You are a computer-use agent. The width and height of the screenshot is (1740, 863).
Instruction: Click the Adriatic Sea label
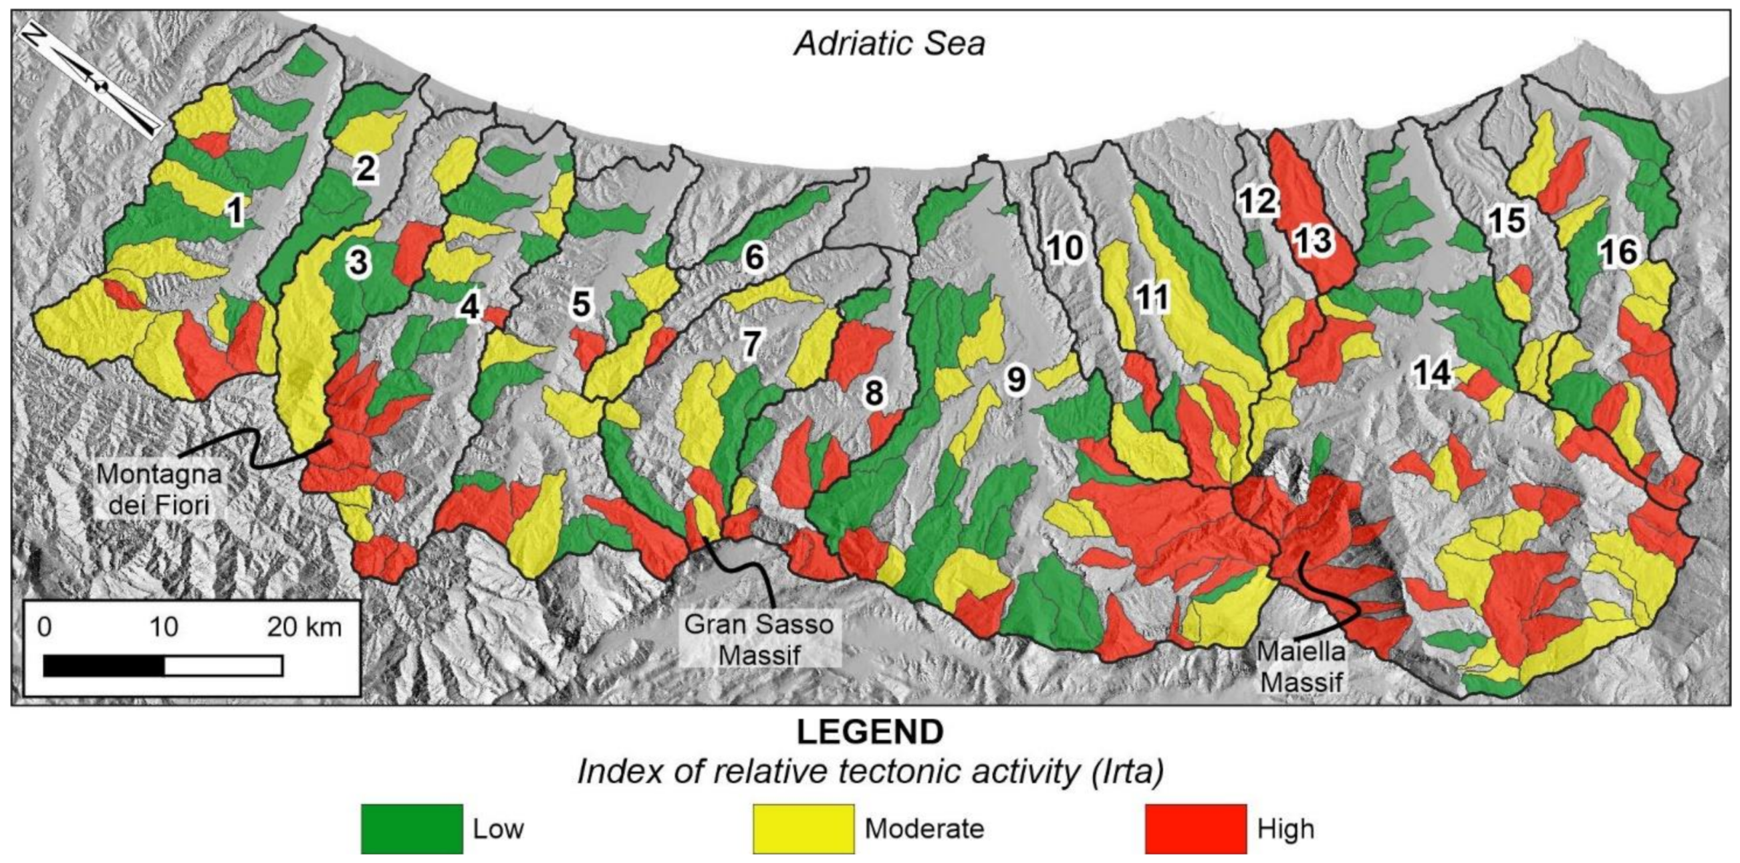pyautogui.click(x=889, y=44)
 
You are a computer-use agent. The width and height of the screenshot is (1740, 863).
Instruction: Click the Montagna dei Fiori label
pyautogui.click(x=159, y=488)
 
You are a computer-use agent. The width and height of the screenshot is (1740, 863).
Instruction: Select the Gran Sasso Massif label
pyautogui.click(x=759, y=639)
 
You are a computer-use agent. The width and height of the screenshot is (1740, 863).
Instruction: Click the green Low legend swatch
pyautogui.click(x=412, y=828)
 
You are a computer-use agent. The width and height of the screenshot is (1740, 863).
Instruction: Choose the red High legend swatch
pyautogui.click(x=1196, y=828)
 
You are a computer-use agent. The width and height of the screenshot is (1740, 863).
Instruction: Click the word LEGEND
pyautogui.click(x=870, y=732)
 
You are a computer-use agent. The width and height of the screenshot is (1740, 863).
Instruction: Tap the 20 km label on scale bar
pyautogui.click(x=304, y=627)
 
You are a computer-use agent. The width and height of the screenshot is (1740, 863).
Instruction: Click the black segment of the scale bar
pyautogui.click(x=104, y=666)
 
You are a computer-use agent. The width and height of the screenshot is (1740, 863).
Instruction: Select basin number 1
pyautogui.click(x=235, y=211)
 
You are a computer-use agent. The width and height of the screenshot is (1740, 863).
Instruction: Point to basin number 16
pyautogui.click(x=1620, y=252)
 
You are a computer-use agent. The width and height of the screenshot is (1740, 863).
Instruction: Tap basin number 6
pyautogui.click(x=754, y=258)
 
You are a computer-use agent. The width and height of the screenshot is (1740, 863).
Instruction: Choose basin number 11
pyautogui.click(x=1152, y=297)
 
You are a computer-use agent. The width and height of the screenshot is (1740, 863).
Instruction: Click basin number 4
pyautogui.click(x=469, y=308)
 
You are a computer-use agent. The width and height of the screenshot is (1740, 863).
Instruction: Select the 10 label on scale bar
pyautogui.click(x=164, y=627)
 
